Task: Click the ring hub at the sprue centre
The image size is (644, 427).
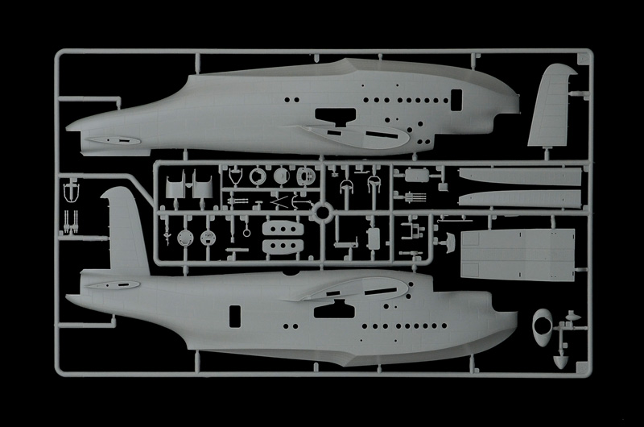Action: click(322, 213)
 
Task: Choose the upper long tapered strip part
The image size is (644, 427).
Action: click(519, 177)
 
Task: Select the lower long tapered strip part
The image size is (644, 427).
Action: click(519, 198)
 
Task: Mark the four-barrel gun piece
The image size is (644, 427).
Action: click(416, 194)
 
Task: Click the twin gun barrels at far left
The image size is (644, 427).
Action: click(71, 221)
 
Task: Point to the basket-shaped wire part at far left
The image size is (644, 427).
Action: click(71, 192)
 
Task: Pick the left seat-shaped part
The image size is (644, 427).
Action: click(175, 184)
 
